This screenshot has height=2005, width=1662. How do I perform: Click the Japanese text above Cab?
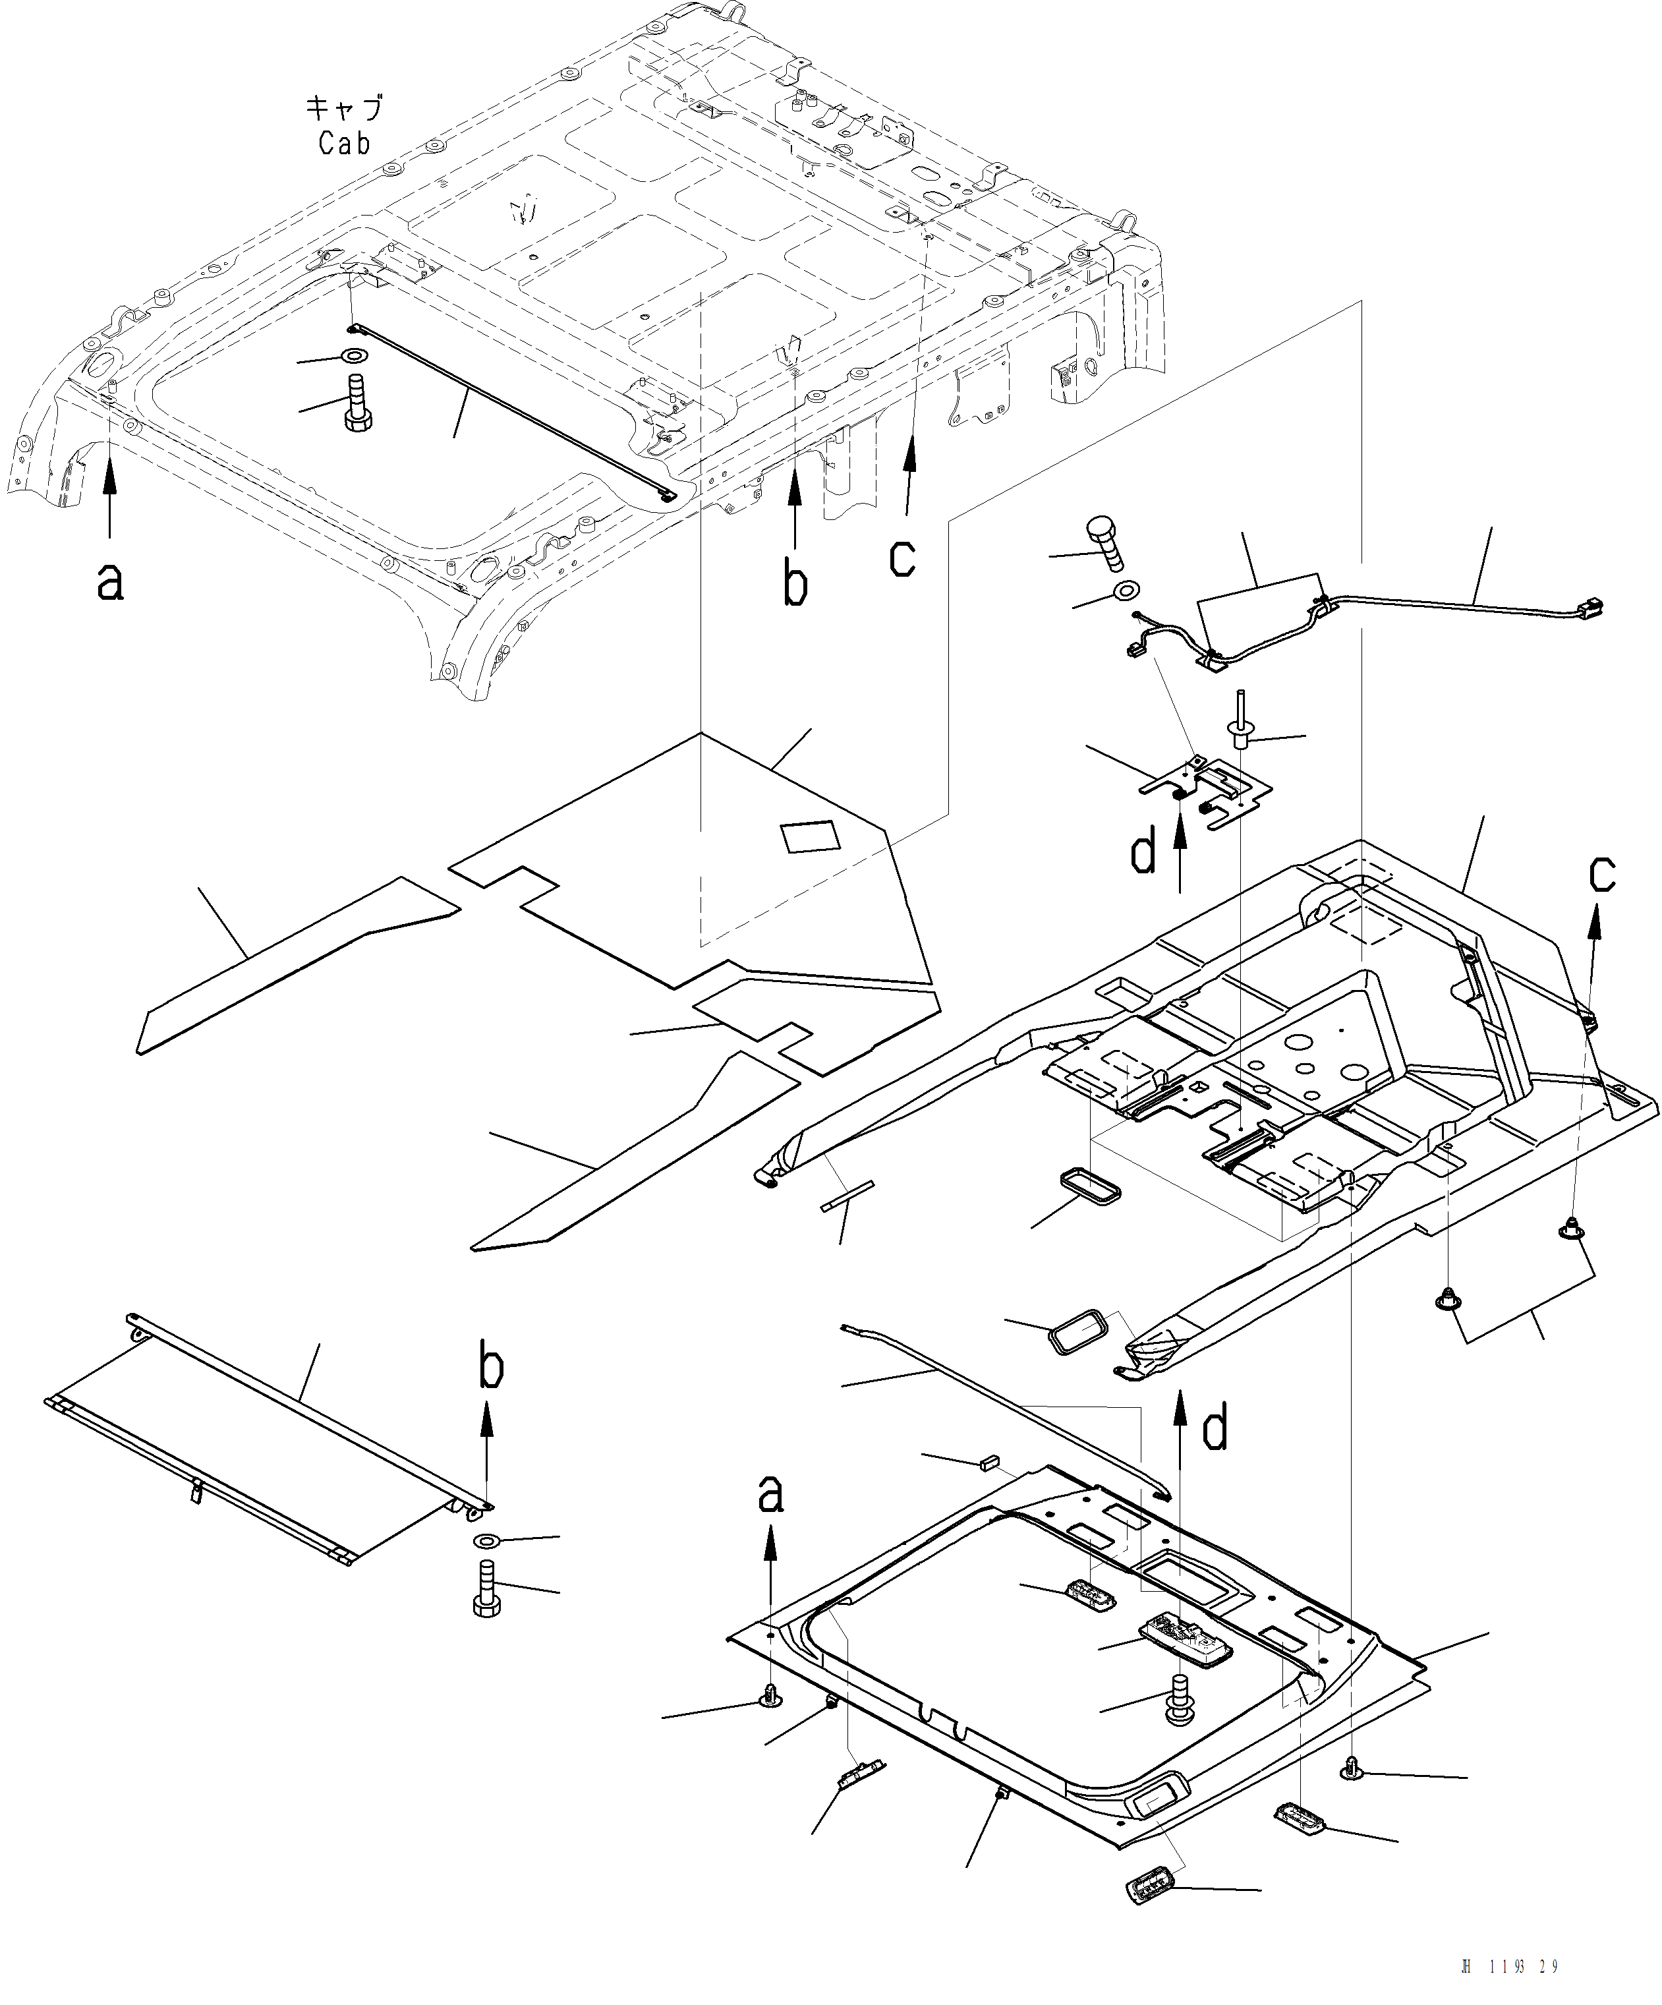point(345,107)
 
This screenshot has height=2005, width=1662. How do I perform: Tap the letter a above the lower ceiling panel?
point(770,1494)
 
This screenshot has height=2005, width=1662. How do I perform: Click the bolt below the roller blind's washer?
point(487,1588)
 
